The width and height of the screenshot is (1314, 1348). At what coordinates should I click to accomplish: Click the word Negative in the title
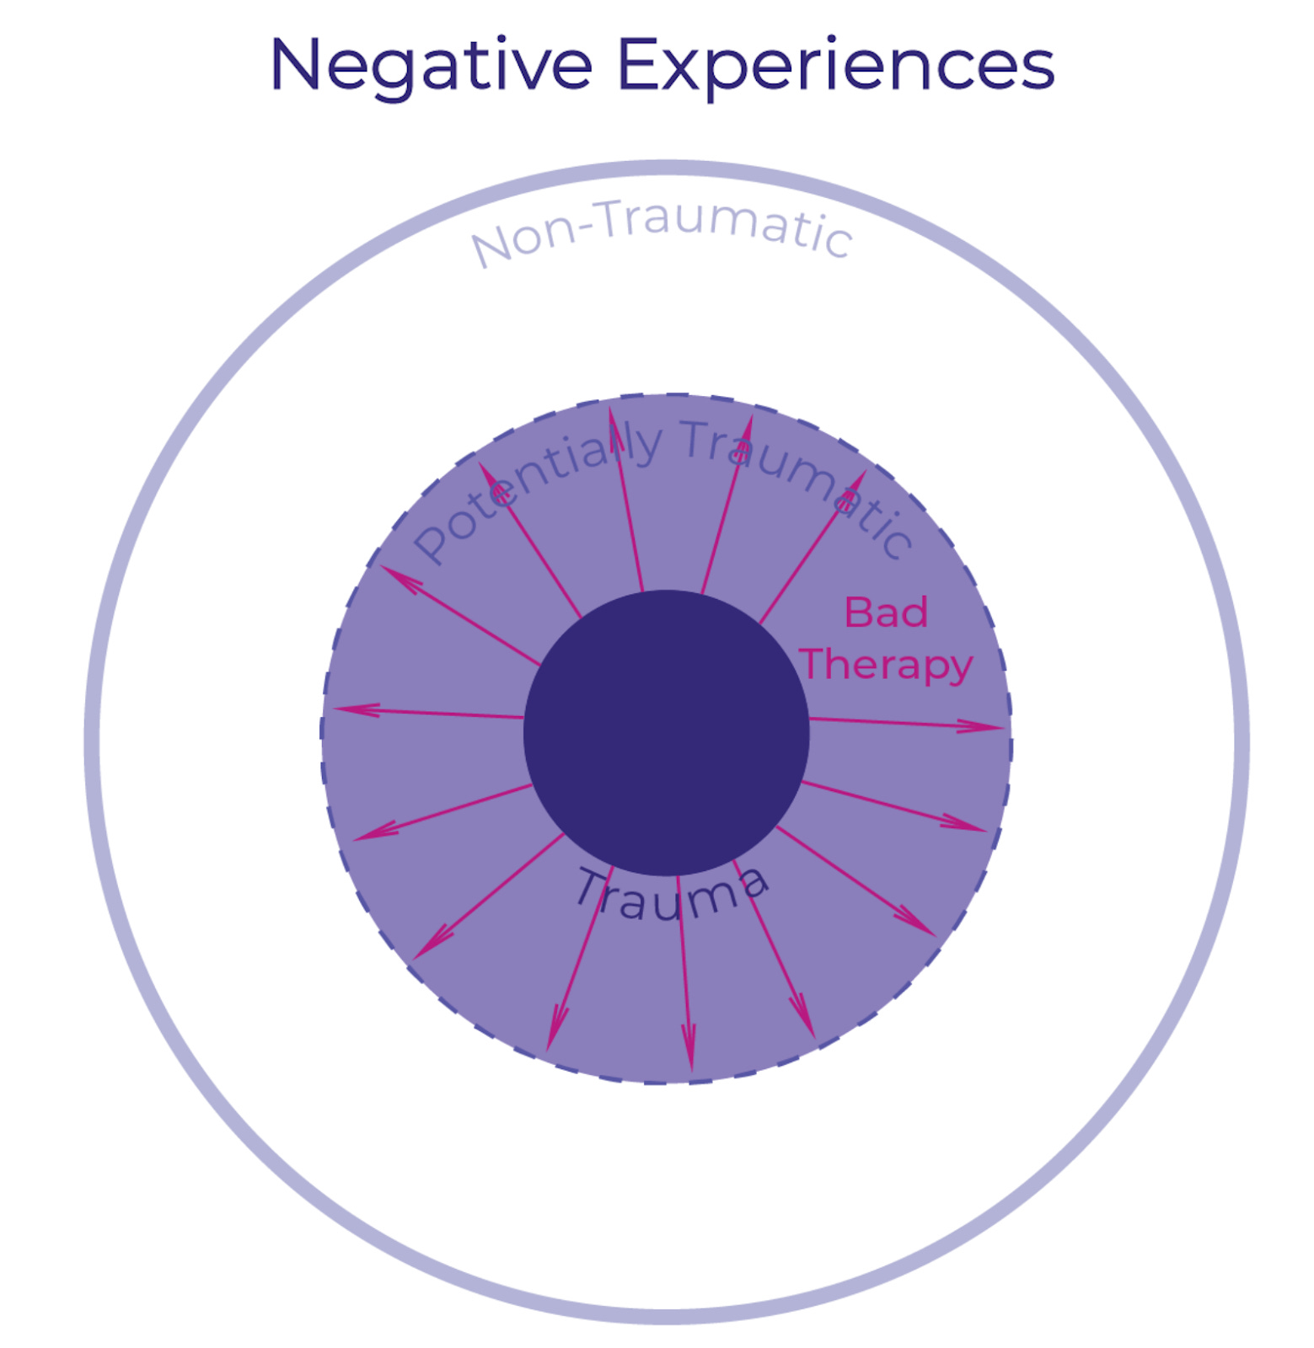click(431, 66)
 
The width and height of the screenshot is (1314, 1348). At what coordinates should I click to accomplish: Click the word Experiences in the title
click(834, 66)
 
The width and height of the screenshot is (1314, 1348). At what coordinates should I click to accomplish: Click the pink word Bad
click(886, 612)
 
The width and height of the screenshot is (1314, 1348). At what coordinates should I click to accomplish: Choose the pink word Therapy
click(886, 666)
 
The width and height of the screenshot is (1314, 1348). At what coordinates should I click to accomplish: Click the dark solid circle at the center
click(666, 733)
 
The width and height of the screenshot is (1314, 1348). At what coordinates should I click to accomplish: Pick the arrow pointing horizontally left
click(426, 713)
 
